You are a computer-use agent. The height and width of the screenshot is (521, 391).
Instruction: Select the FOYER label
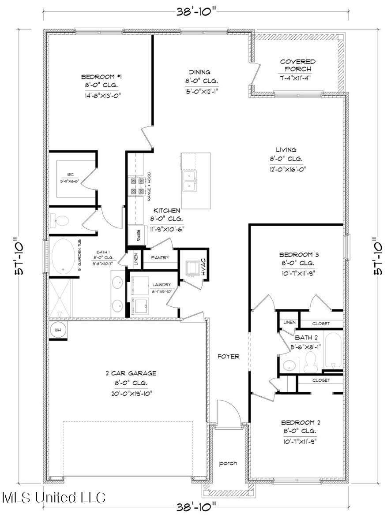click(x=229, y=356)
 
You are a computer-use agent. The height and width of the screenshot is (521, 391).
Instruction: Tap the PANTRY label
click(x=160, y=257)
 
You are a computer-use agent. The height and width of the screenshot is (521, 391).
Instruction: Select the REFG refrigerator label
click(x=138, y=234)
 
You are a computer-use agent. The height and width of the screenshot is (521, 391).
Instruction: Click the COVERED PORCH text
click(x=298, y=65)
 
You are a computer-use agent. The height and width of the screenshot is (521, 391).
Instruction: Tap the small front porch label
click(x=229, y=463)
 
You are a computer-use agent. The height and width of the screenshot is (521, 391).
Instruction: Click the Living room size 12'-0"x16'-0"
click(x=289, y=169)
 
